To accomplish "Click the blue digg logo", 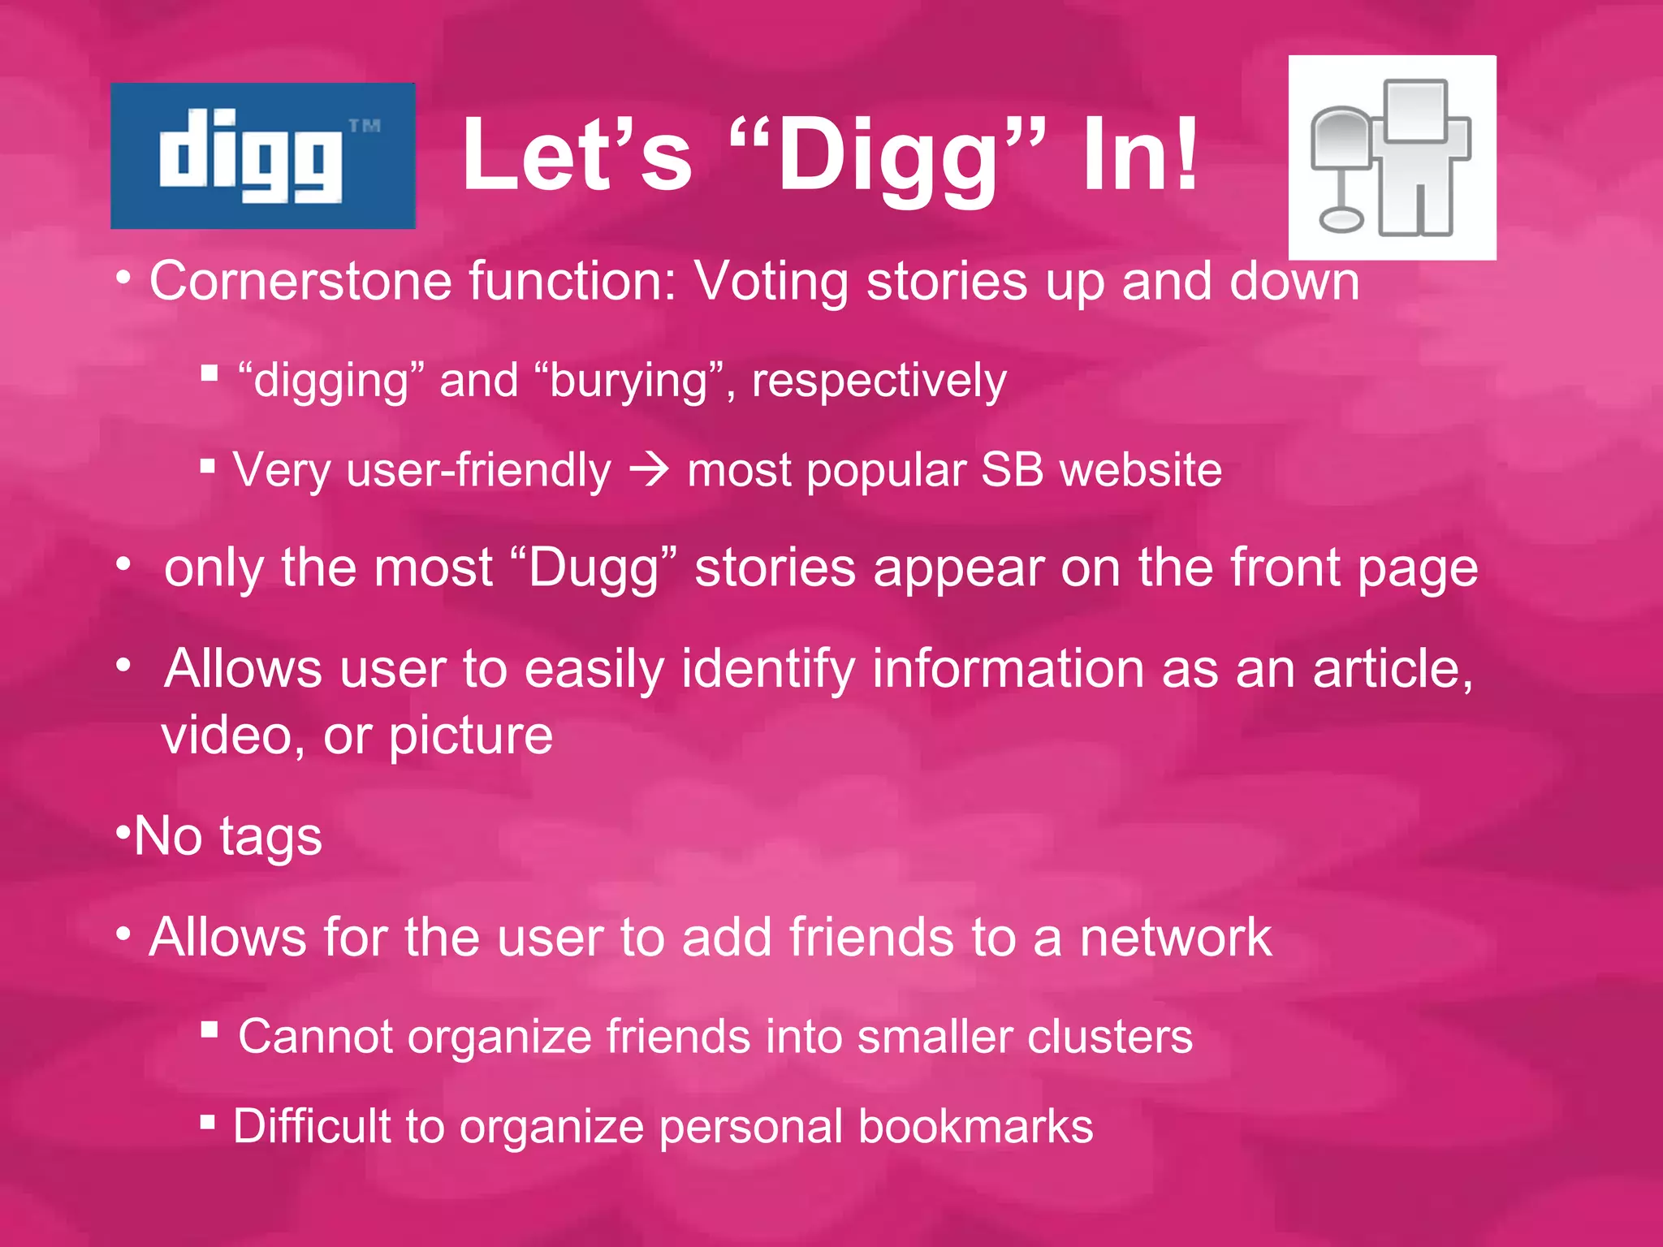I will click(262, 155).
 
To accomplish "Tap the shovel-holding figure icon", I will click(1392, 157).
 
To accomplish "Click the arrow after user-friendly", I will click(649, 469).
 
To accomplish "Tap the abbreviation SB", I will click(1012, 469).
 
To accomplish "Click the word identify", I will click(767, 670).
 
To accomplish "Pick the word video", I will click(227, 736).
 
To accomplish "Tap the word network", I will click(1175, 938).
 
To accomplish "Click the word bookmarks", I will click(975, 1127).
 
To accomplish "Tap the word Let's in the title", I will click(577, 154).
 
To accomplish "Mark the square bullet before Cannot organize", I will click(209, 1030).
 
